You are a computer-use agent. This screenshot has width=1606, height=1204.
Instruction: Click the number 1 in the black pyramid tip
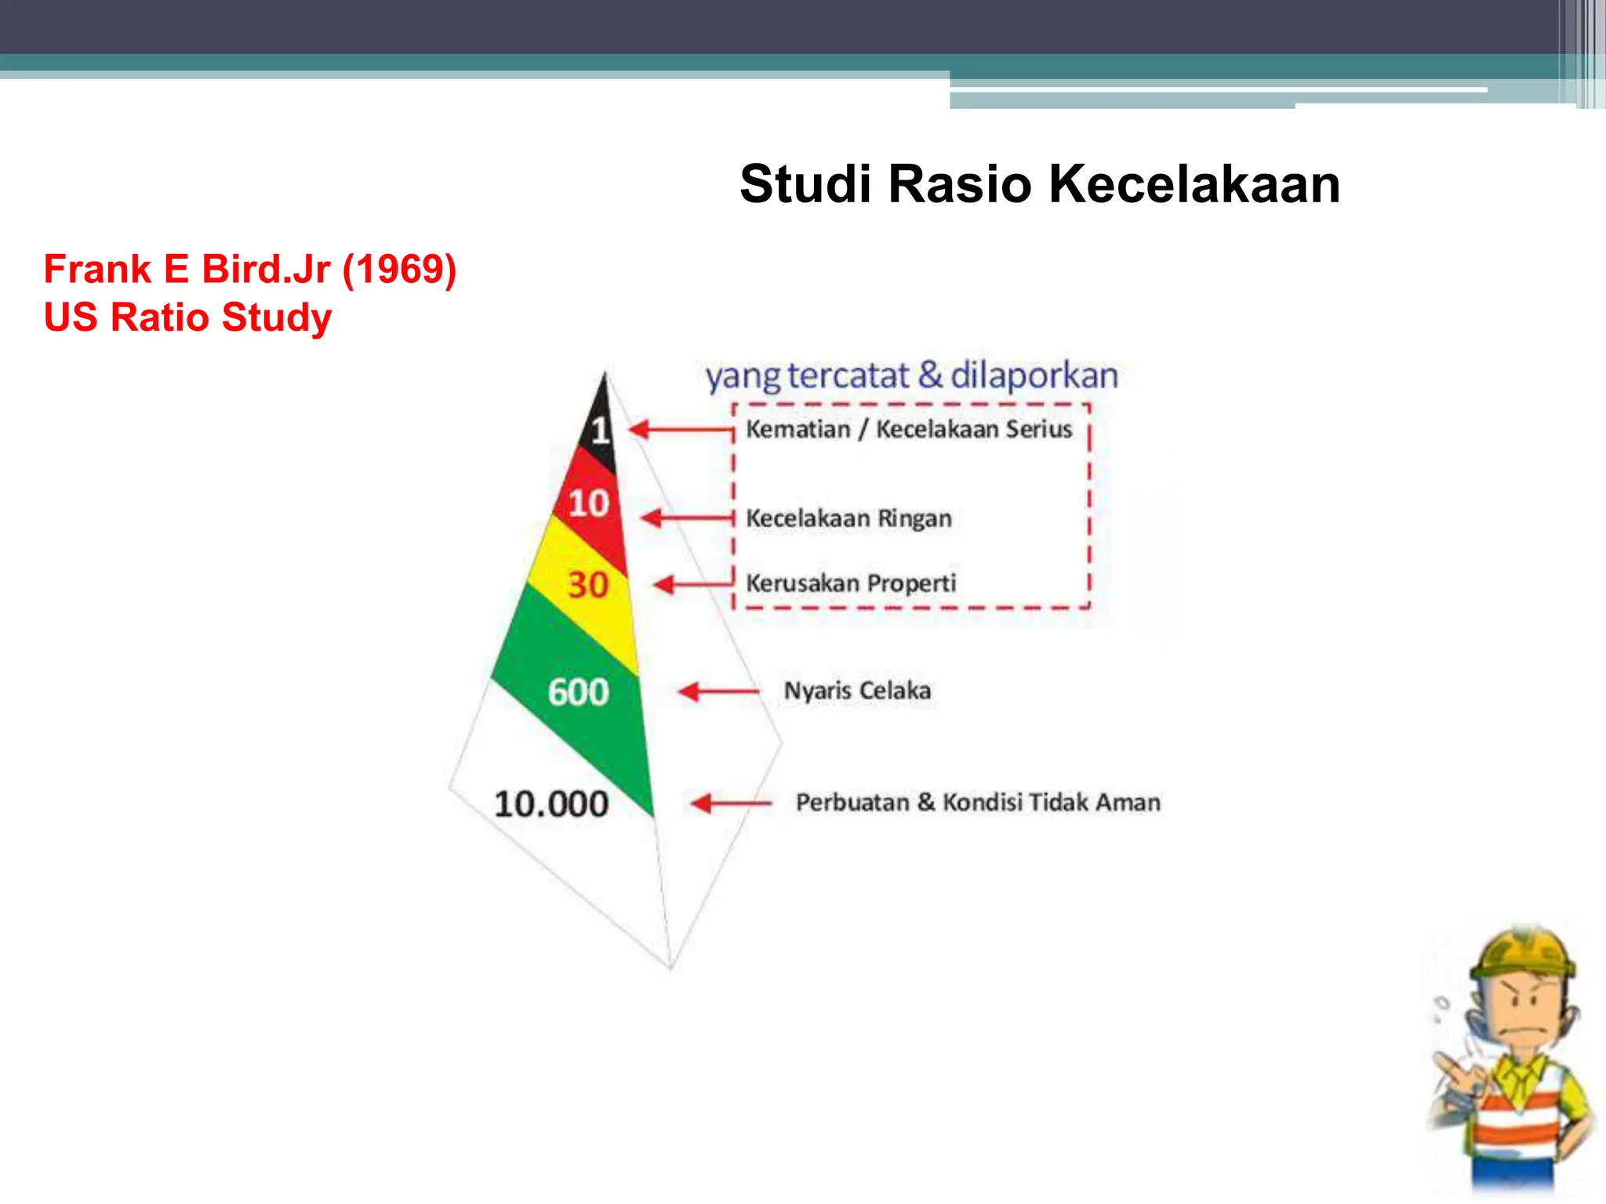[600, 430]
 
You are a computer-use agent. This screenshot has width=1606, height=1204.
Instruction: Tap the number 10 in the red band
[588, 503]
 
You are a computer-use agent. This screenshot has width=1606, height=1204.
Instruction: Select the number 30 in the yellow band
[588, 585]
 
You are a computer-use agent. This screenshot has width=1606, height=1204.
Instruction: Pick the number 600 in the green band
[578, 692]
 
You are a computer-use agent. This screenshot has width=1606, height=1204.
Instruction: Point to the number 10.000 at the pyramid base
[551, 804]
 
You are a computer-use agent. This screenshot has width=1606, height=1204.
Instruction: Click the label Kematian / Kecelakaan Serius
[908, 430]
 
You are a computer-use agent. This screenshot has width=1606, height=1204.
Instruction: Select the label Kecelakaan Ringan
[848, 518]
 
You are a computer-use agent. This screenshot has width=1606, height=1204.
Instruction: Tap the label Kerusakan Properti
[851, 583]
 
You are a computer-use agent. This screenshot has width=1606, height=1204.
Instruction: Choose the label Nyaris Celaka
[857, 691]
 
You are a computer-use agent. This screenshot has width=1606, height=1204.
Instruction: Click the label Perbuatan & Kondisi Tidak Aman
[978, 803]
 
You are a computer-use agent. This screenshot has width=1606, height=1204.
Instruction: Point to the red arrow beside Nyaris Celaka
[718, 691]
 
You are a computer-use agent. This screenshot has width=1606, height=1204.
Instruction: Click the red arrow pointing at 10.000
[731, 803]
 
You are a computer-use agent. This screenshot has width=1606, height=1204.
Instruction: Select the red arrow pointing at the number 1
[680, 430]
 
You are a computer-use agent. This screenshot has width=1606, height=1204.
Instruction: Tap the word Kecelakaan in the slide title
[1194, 184]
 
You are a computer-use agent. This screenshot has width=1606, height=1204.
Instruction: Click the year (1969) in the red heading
[400, 270]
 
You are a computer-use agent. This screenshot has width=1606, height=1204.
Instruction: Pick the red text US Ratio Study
[187, 317]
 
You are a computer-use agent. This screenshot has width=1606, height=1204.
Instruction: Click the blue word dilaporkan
[1034, 375]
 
